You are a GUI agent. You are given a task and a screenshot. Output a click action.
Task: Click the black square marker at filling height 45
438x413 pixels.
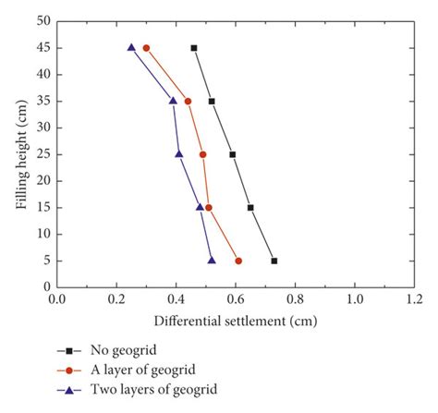[x=194, y=47]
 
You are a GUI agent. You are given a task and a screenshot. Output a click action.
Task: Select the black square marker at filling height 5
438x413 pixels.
[x=274, y=261]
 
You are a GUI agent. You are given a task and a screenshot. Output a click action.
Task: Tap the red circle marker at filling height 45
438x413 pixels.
[x=146, y=47]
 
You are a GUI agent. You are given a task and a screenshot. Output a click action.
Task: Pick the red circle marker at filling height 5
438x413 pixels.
[x=238, y=261]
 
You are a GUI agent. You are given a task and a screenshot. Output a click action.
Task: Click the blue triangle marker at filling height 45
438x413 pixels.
[x=131, y=47]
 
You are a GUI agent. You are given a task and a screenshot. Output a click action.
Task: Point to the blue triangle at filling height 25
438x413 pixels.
[x=179, y=154]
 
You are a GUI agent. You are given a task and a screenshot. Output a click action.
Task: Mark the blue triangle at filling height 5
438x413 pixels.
[x=212, y=261]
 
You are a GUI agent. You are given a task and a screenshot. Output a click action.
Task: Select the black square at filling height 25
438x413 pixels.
[x=233, y=154]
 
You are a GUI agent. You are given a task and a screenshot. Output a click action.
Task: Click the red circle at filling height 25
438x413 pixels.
[x=203, y=154]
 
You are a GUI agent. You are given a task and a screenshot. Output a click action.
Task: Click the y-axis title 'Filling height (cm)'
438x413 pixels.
[x=21, y=153]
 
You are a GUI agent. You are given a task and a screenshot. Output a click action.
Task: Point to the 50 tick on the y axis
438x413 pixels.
[x=43, y=20]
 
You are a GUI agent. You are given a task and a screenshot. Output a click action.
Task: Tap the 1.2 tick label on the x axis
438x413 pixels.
[x=415, y=300]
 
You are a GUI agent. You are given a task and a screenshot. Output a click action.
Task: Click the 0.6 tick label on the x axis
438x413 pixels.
[x=236, y=300]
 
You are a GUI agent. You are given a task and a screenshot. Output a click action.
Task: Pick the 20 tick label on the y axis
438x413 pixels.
[x=43, y=181]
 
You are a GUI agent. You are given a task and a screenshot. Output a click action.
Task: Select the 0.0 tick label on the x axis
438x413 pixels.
[x=56, y=300]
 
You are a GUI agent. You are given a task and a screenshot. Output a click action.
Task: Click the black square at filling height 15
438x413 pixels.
[x=250, y=208]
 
